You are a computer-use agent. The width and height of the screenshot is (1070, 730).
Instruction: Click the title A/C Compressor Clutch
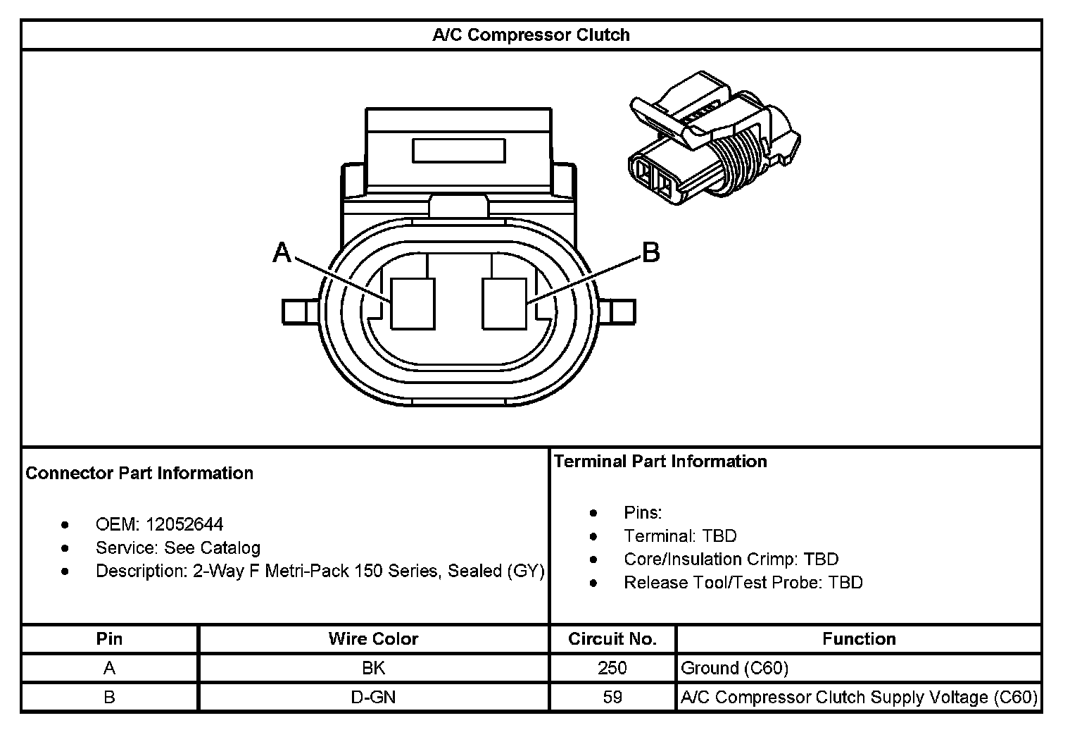531,35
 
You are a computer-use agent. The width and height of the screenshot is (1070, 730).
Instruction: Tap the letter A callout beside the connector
282,252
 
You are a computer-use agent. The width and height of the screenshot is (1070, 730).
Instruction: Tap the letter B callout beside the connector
651,252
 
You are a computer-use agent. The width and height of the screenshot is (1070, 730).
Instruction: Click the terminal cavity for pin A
413,304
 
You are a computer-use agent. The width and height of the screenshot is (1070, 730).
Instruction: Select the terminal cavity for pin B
504,304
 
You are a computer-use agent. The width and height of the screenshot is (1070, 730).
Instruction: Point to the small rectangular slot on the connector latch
458,151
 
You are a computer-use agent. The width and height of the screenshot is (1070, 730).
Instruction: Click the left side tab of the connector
303,311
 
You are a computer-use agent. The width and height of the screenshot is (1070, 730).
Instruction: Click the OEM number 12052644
184,524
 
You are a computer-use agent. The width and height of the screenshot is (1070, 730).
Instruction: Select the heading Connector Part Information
139,473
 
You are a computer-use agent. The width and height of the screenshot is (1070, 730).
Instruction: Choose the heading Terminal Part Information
660,462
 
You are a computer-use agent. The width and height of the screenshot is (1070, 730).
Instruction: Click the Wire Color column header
373,639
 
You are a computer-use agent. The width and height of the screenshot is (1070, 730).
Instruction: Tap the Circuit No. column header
612,639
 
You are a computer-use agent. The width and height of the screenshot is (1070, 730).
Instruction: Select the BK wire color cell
373,667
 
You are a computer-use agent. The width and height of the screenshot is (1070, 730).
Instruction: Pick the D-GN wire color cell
373,697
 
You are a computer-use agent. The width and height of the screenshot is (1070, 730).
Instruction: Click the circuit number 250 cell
612,667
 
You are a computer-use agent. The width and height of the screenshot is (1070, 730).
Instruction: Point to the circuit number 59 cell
612,697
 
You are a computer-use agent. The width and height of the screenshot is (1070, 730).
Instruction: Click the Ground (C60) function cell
735,667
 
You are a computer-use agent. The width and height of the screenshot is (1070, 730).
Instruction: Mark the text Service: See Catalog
177,547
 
